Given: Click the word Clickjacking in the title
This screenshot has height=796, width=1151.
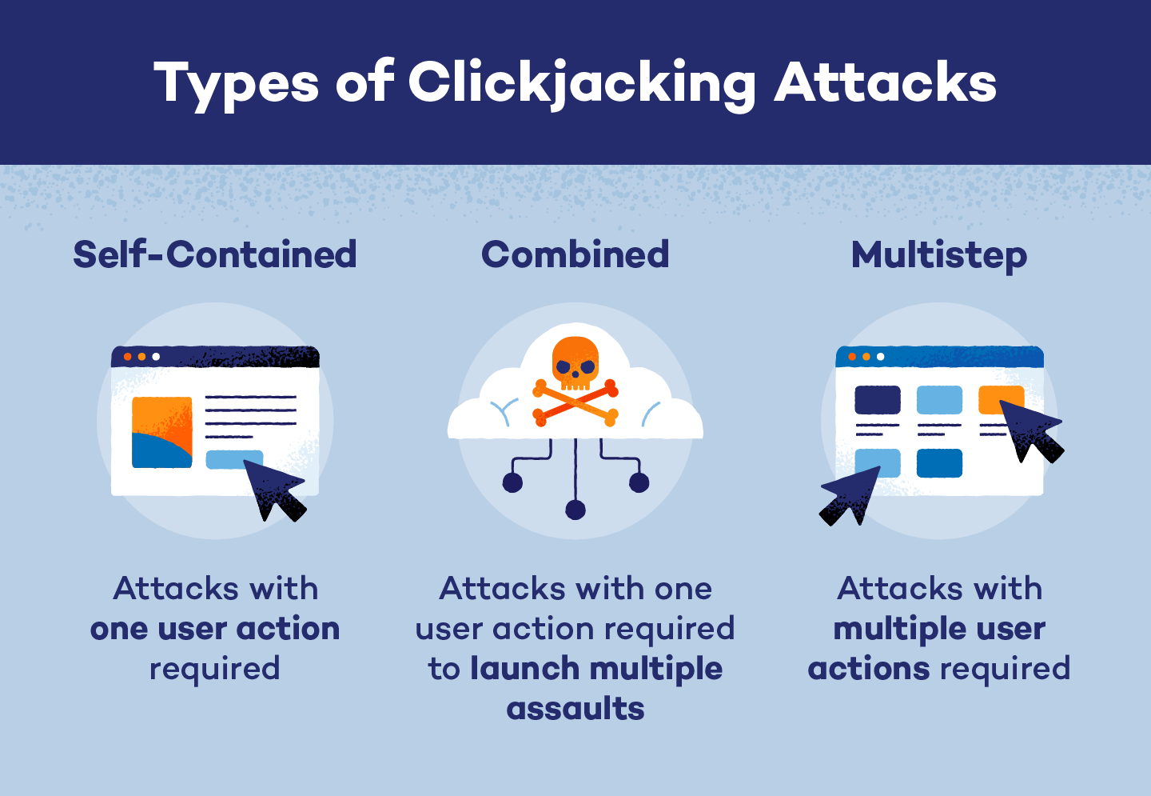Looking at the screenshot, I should [582, 82].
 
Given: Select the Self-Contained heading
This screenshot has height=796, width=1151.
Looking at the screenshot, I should [215, 254].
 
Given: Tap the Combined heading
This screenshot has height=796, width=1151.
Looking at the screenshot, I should [575, 254].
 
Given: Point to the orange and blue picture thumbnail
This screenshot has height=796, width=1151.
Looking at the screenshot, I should [162, 432].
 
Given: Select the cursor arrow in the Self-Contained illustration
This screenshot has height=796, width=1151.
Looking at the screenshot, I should [274, 490].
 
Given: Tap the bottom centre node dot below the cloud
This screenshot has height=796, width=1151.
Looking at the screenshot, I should [575, 510].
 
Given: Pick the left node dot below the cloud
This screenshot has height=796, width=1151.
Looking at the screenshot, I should [512, 482].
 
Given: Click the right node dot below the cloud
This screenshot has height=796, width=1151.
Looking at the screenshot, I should [639, 482].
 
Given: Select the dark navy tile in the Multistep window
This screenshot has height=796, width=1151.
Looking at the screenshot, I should [878, 400].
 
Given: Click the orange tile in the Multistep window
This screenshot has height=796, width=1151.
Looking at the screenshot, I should [999, 397].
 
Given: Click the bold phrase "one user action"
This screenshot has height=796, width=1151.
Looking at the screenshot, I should [215, 629].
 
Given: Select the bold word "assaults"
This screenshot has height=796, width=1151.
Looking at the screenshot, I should [575, 709].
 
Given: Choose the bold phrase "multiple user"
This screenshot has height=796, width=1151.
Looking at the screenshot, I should [939, 629].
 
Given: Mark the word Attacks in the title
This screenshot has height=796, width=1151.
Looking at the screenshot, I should [886, 82].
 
